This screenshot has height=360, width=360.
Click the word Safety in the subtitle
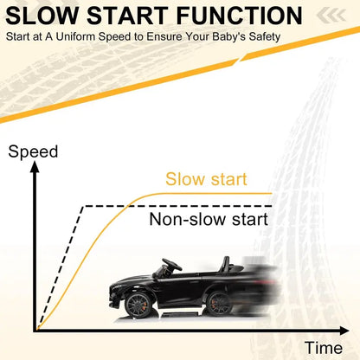[x=265, y=37]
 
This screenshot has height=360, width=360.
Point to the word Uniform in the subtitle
[x=75, y=36]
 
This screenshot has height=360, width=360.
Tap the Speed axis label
[x=33, y=152]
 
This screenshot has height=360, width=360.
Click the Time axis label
[x=324, y=348]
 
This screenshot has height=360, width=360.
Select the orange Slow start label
[x=206, y=179]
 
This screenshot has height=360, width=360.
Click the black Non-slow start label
[x=209, y=219]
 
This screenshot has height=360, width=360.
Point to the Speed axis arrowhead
[x=35, y=167]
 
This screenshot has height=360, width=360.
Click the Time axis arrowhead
[x=344, y=331]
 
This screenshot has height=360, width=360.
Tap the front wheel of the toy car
[x=138, y=305]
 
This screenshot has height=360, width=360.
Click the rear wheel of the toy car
[x=218, y=304]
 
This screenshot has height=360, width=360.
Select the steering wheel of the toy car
[x=172, y=264]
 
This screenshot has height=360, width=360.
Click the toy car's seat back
[x=225, y=264]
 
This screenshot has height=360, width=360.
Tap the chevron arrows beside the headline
[x=331, y=16]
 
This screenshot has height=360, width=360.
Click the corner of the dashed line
[x=83, y=206]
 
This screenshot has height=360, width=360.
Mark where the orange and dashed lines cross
[x=129, y=206]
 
